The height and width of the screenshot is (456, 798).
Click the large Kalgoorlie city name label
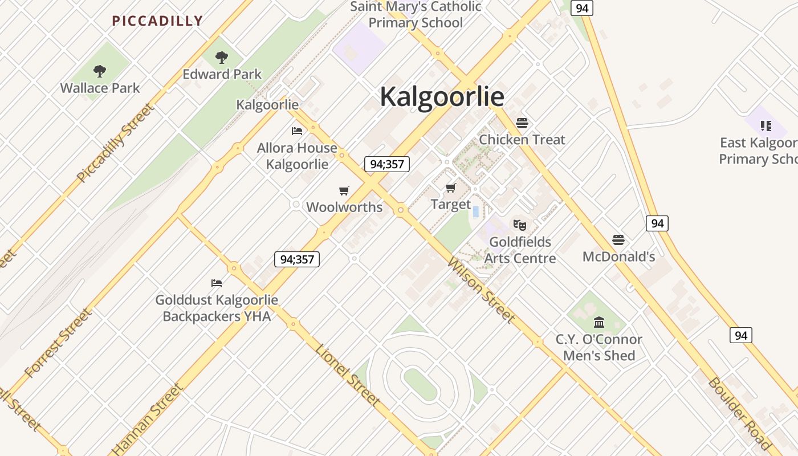442,96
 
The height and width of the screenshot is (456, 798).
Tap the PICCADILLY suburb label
157,21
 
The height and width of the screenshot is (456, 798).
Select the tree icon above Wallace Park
100,71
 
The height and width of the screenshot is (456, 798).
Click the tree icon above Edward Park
222,57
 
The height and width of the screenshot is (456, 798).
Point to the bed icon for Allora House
297,131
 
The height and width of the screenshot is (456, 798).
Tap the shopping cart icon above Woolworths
344,190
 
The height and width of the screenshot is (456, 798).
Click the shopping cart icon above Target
451,188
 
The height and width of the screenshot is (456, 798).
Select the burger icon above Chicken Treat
522,123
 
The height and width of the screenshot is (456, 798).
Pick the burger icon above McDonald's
618,240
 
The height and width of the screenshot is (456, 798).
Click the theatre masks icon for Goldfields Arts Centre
519,225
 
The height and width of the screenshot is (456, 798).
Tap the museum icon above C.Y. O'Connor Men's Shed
599,323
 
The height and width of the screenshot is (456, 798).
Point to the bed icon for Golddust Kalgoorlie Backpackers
217,283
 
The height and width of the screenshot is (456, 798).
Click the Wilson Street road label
482,290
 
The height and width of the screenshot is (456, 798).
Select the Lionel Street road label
348,375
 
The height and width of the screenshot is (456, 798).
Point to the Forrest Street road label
58,343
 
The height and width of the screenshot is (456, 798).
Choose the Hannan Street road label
148,419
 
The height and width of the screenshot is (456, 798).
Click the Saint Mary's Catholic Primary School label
416,15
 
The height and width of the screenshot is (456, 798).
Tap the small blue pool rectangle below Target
475,212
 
